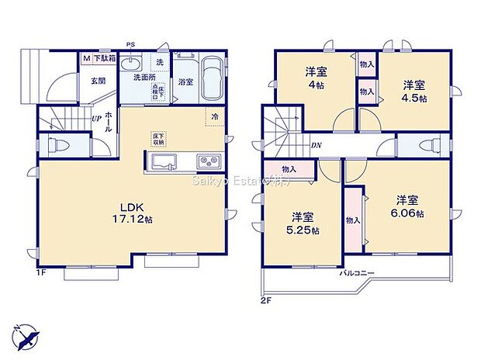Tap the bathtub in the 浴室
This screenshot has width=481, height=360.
212,80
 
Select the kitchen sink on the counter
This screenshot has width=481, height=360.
164,161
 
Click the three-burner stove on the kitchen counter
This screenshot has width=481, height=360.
208,161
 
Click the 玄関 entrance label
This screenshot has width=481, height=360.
96,80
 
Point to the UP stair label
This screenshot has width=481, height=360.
95,119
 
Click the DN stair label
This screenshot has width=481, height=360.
317,145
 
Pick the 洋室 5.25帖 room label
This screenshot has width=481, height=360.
303,223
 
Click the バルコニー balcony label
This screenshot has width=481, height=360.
356,274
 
